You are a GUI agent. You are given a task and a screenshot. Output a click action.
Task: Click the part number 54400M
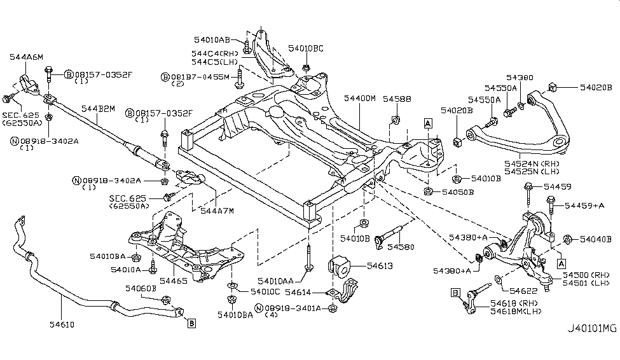[x=360, y=99]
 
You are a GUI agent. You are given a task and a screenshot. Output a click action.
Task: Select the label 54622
[x=523, y=290]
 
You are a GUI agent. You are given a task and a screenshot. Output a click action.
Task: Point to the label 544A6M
[x=26, y=57]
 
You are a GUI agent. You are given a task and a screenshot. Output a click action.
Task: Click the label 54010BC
[x=306, y=48]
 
